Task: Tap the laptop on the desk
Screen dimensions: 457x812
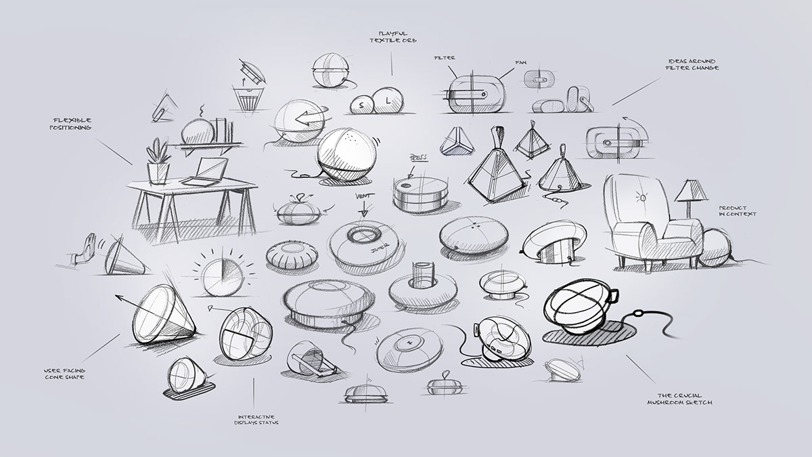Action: pos(204,172)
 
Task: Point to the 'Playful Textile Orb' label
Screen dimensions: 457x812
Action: pos(392,37)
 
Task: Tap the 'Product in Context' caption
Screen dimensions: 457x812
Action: pos(737,211)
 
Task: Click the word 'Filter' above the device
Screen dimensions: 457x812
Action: pos(444,58)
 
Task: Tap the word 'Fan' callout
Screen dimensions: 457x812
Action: pos(520,62)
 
